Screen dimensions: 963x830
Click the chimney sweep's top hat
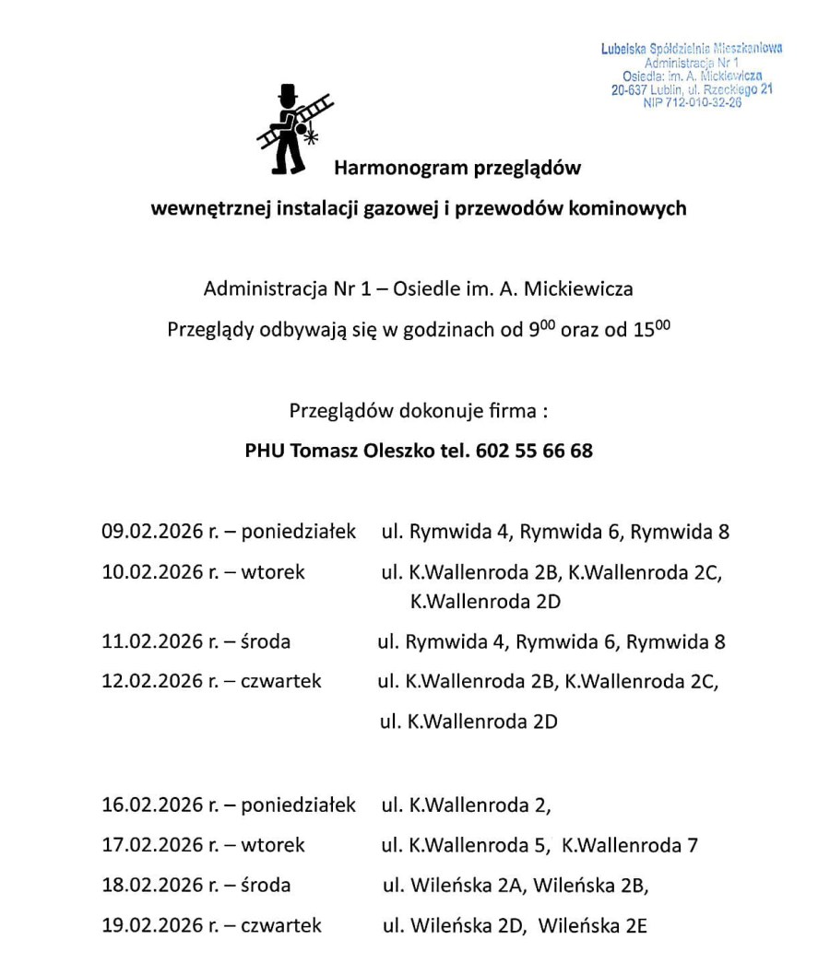point(288,95)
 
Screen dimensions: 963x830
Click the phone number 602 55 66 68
point(535,451)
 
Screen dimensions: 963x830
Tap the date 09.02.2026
point(152,532)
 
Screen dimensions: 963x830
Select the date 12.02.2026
point(152,681)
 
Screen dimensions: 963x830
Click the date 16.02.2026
point(152,805)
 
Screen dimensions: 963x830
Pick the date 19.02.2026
point(152,924)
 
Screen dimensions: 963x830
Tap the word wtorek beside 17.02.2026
point(272,845)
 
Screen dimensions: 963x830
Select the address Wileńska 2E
point(592,925)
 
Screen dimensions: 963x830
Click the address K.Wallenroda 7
point(630,845)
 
